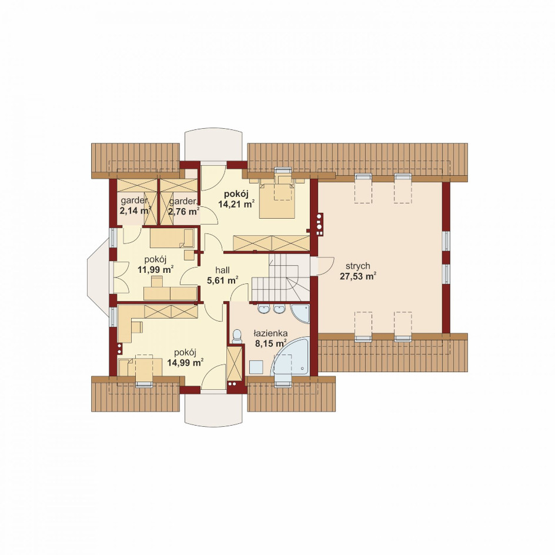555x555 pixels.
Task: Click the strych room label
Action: pos(358,266)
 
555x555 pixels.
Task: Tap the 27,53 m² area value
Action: pos(358,276)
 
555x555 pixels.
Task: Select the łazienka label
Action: pos(270,333)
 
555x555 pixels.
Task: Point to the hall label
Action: pos(222,270)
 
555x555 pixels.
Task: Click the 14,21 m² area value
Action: pos(237,204)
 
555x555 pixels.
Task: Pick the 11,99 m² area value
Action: pos(155,270)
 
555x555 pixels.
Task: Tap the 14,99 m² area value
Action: pos(185,362)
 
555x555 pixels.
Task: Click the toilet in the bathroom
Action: pos(237,337)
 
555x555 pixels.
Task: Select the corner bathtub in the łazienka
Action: pos(290,357)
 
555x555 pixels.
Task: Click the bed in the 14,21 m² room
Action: pos(277,198)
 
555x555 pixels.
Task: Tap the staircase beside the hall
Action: pos(280,277)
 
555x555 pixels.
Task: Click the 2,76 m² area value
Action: pos(183,212)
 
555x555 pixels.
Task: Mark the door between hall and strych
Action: pos(322,266)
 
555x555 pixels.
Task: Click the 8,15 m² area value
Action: pos(270,343)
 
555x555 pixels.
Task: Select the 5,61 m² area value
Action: pos(222,280)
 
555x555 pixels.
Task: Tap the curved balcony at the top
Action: pos(214,146)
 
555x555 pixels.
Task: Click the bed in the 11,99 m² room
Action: pos(172,238)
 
